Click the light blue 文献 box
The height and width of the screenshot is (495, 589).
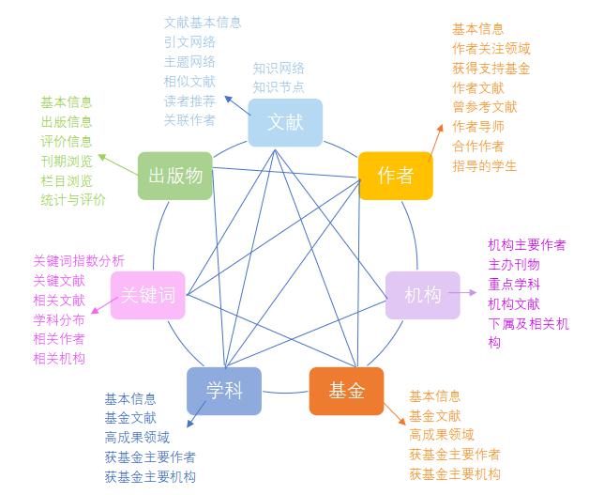pos(285,123)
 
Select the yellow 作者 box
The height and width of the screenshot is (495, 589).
pos(396,175)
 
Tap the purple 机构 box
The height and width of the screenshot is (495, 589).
pos(423,295)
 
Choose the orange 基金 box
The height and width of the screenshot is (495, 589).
pos(346,391)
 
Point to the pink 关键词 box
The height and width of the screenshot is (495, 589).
pos(147,295)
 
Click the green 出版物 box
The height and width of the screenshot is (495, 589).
pos(175,175)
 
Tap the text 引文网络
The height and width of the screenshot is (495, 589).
pos(189,41)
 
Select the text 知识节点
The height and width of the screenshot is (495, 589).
pos(279,86)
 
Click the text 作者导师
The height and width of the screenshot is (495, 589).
pos(478,126)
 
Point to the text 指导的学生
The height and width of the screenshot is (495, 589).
pos(485,166)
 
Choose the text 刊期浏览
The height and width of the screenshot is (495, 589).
pos(67,161)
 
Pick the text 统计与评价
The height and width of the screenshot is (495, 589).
pos(73,199)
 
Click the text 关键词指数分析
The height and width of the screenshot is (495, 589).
pos(79,261)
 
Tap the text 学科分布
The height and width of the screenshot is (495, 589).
pos(59,319)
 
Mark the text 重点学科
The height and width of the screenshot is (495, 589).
pos(514,284)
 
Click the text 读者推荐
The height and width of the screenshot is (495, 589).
pos(189,101)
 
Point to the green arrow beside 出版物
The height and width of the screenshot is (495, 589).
pos(116,164)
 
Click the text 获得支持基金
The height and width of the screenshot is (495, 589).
pos(491,68)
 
